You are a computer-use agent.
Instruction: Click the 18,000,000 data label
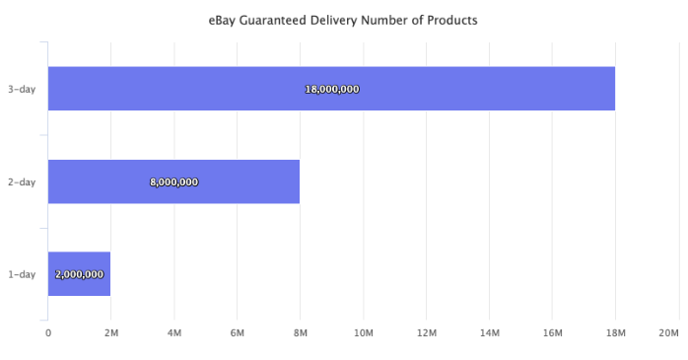[x=332, y=89]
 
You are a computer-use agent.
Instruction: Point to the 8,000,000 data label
[x=174, y=181]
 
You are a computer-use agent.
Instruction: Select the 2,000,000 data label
[x=79, y=274]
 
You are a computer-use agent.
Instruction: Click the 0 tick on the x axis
[x=48, y=333]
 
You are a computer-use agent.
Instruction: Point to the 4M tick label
[x=173, y=333]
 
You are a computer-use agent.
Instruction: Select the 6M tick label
[x=237, y=333]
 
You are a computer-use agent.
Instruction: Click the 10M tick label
[x=363, y=333]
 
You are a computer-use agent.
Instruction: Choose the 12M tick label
[x=426, y=333]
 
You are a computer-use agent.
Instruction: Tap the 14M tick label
[x=489, y=333]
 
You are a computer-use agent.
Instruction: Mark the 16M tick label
[x=552, y=333]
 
